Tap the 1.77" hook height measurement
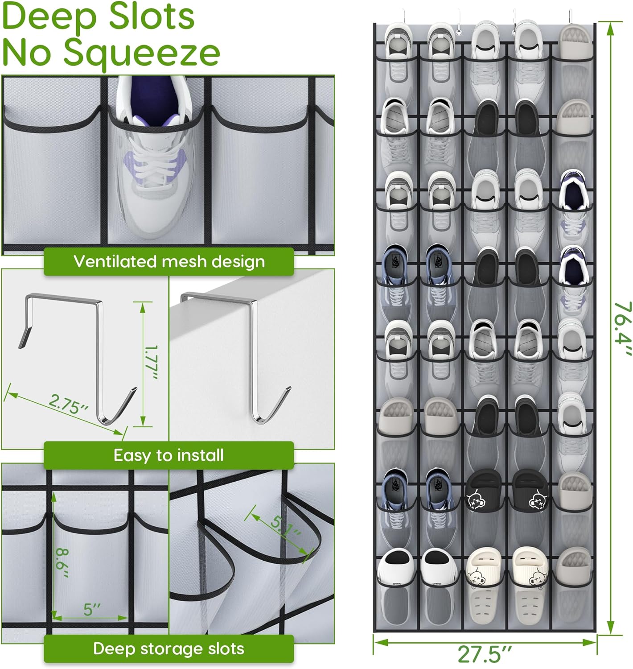click(x=151, y=362)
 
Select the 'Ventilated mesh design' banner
click(x=169, y=261)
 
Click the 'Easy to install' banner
click(x=169, y=455)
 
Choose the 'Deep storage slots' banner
click(x=169, y=648)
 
